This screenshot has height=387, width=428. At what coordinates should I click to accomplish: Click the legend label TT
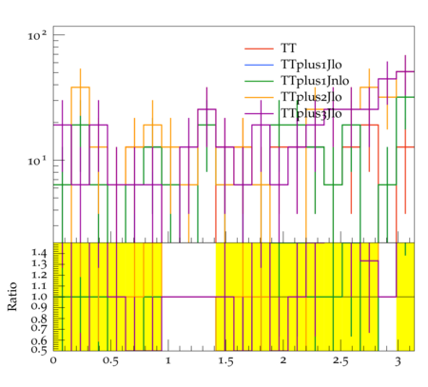[x=288, y=48]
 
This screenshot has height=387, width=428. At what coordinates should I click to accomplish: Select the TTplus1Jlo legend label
[x=311, y=65]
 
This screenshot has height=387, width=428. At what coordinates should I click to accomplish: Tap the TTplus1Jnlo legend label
[x=315, y=81]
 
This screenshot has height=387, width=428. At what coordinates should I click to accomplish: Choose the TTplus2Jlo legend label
[x=311, y=97]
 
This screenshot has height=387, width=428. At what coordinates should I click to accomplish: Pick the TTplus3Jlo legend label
[x=311, y=113]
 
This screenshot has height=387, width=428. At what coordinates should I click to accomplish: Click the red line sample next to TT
[x=259, y=48]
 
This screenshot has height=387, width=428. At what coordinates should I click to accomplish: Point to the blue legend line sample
[x=259, y=65]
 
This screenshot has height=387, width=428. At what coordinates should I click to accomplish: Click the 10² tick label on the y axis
[x=37, y=35]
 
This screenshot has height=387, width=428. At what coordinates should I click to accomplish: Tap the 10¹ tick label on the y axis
[x=37, y=161]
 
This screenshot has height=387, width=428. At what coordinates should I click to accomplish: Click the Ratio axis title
[x=12, y=297]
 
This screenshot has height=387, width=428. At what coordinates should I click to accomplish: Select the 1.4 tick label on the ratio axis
[x=39, y=253]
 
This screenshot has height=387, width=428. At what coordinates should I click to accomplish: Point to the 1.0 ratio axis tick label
[x=39, y=297]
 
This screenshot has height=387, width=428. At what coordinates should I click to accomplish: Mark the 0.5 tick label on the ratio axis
[x=39, y=350]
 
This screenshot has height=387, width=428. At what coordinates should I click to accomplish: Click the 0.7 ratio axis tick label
[x=39, y=327]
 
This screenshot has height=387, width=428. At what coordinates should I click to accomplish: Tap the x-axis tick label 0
[x=53, y=361]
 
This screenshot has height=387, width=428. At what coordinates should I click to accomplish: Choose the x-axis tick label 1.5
[x=225, y=361]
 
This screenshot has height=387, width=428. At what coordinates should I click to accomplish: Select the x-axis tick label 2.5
[x=340, y=361]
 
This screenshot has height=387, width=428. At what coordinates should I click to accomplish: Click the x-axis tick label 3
[x=398, y=361]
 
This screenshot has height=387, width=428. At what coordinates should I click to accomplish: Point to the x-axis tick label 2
[x=283, y=361]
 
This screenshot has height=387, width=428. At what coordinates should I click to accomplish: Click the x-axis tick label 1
[x=168, y=361]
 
